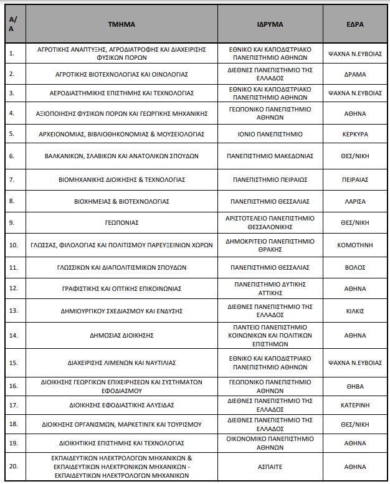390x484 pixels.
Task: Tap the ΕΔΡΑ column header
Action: pyautogui.click(x=354, y=24)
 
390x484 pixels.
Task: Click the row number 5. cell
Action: pyautogui.click(x=12, y=134)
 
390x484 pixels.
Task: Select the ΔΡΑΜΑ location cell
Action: pyautogui.click(x=354, y=74)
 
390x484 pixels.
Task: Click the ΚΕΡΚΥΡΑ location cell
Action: pyautogui.click(x=354, y=134)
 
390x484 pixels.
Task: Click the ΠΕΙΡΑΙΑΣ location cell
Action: pyautogui.click(x=354, y=179)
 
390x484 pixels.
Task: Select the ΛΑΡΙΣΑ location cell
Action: pyautogui.click(x=354, y=201)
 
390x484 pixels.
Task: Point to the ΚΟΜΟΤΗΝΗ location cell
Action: pyautogui.click(x=354, y=245)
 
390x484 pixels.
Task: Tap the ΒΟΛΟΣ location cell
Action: pyautogui.click(x=354, y=267)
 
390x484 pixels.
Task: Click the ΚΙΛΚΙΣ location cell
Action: pyautogui.click(x=354, y=310)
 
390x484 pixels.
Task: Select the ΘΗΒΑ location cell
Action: pyautogui.click(x=354, y=386)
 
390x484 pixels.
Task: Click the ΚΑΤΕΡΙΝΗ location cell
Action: pyautogui.click(x=354, y=405)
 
